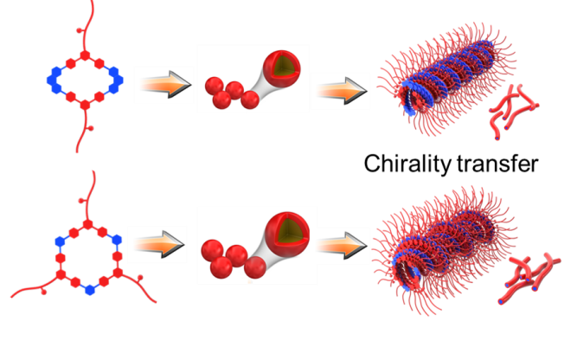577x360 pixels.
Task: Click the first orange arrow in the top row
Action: pos(163,85)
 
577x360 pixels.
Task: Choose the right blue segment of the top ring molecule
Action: pos(119,80)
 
